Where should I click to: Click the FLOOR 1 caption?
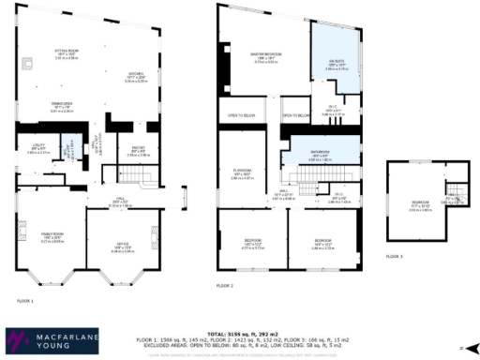coord(25,301)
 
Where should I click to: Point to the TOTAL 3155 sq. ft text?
coord(249,332)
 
